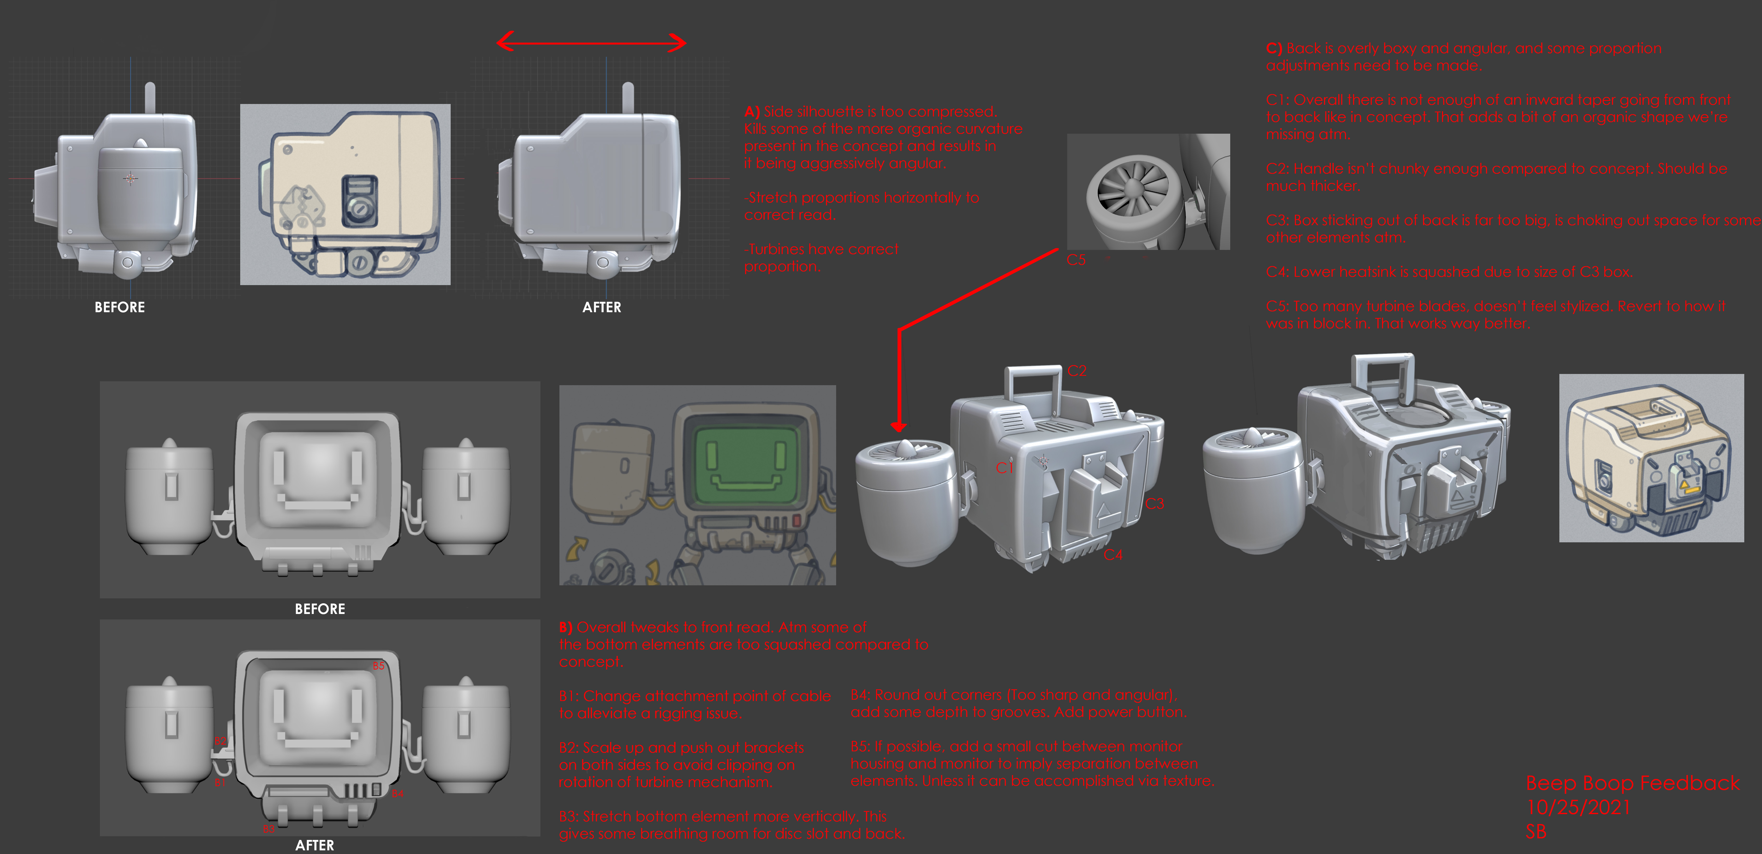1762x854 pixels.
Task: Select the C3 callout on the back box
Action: click(x=1155, y=504)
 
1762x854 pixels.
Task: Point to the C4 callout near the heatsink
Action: click(x=1113, y=555)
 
